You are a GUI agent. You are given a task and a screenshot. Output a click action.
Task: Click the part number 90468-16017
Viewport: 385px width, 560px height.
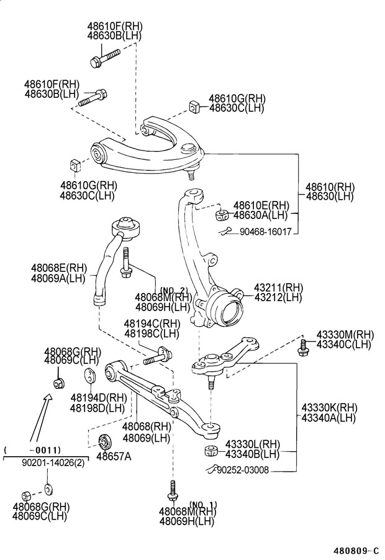coord(266,232)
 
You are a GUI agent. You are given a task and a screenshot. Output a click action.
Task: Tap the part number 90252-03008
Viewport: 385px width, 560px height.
coord(243,470)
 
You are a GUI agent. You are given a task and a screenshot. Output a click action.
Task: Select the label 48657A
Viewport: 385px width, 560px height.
coord(114,456)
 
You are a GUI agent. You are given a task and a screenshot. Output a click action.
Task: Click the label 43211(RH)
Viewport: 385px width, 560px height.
coord(278,287)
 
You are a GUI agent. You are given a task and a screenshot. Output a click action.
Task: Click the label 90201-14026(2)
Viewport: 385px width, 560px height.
coord(53,463)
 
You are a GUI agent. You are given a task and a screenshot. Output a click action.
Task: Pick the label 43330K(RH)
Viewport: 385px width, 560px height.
coord(329,408)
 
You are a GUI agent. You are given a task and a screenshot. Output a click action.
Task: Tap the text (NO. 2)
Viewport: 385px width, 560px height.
coord(174,289)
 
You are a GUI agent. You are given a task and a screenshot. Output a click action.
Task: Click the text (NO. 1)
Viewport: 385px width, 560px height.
coord(203,504)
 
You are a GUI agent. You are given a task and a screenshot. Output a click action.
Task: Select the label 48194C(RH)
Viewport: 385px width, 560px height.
coord(152,324)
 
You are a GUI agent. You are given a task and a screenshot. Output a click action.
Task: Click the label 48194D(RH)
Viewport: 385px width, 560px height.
coord(98,398)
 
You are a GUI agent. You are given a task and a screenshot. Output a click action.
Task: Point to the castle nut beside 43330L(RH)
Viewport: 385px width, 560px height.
coord(212,450)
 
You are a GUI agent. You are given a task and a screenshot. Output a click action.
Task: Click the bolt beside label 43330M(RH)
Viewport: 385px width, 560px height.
coord(302,346)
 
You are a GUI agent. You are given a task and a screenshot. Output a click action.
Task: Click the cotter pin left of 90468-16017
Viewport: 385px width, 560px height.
coord(225,231)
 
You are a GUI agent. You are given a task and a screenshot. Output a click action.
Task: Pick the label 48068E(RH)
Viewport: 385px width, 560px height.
coord(59,268)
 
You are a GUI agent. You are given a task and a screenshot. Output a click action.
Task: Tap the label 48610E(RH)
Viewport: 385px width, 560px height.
coord(261,206)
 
